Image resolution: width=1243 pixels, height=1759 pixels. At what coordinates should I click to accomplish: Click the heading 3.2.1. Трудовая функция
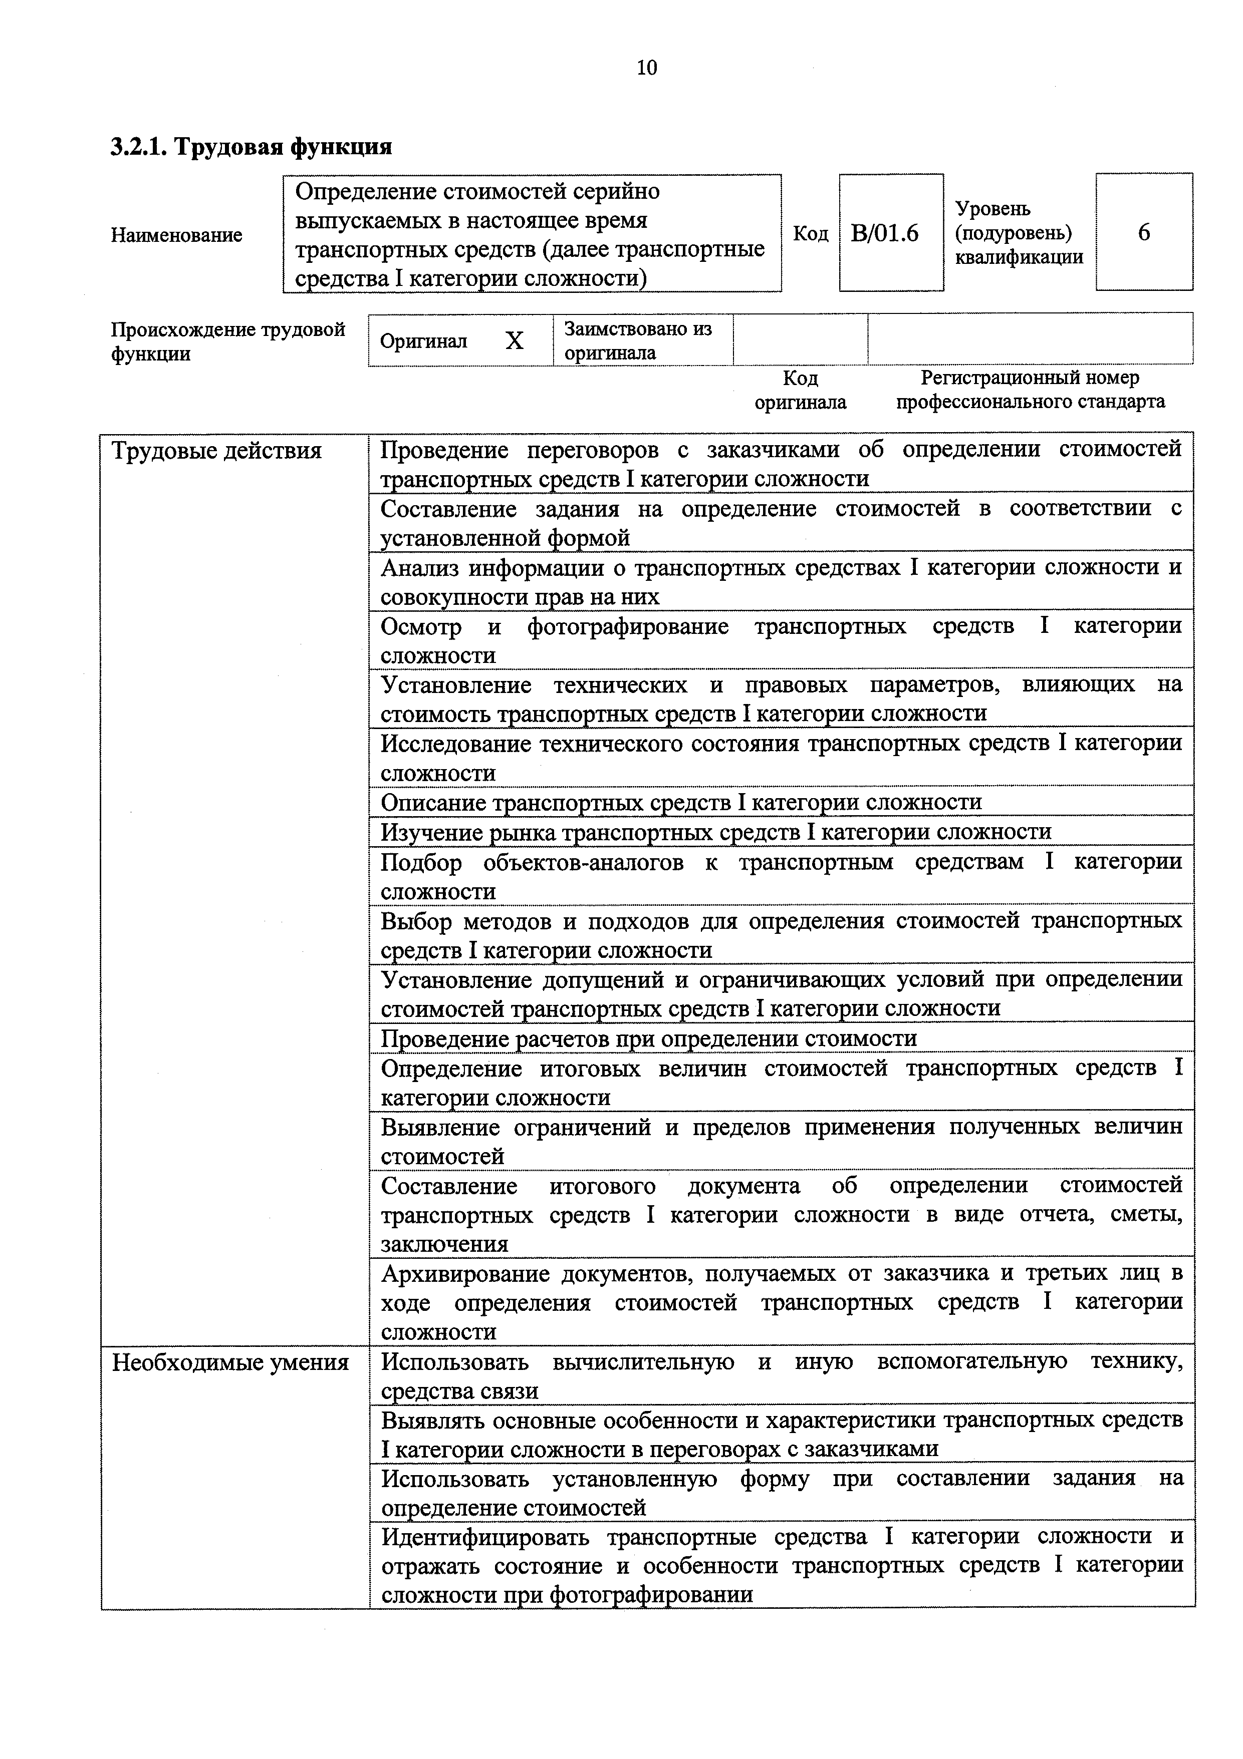[252, 146]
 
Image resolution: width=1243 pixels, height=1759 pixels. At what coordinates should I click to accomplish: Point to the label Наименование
[176, 234]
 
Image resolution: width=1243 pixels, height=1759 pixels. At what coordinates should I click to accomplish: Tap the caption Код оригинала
[800, 390]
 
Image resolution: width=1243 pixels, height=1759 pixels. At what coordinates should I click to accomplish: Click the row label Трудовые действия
[217, 451]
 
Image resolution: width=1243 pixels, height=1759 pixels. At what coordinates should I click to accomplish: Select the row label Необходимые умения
[230, 1362]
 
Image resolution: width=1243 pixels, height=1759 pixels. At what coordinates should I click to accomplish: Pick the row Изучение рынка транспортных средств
[716, 832]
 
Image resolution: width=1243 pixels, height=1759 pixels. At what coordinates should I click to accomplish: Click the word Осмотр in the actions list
[421, 627]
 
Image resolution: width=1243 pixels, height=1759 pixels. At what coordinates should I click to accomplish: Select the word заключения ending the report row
[444, 1244]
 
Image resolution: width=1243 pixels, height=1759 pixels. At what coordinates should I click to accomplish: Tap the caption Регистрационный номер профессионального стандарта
[1030, 390]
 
